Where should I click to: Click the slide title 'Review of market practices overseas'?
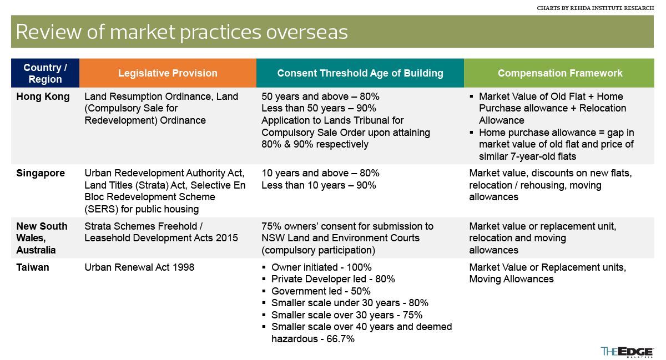tap(181, 32)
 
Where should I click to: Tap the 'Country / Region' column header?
tap(45, 73)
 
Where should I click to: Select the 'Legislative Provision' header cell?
tap(168, 73)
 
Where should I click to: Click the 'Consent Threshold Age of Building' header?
tap(360, 73)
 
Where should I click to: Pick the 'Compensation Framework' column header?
tap(559, 73)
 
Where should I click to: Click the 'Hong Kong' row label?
tap(43, 97)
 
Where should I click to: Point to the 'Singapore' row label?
tap(41, 173)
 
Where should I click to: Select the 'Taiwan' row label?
tap(33, 267)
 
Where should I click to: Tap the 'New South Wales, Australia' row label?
tap(42, 238)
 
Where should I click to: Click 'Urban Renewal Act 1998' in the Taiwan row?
tap(139, 267)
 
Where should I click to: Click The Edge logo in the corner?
tap(627, 352)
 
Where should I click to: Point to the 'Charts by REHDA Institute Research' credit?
tap(595, 8)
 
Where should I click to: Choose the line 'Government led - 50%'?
tap(321, 291)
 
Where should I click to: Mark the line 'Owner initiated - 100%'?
tap(321, 267)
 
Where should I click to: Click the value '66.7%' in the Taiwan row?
tap(340, 339)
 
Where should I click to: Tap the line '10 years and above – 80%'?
tap(320, 173)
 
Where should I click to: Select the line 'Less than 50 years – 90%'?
tap(319, 108)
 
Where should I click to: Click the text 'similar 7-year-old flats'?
tap(527, 156)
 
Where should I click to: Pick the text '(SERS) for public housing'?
tap(142, 209)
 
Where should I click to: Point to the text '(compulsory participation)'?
tap(318, 250)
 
